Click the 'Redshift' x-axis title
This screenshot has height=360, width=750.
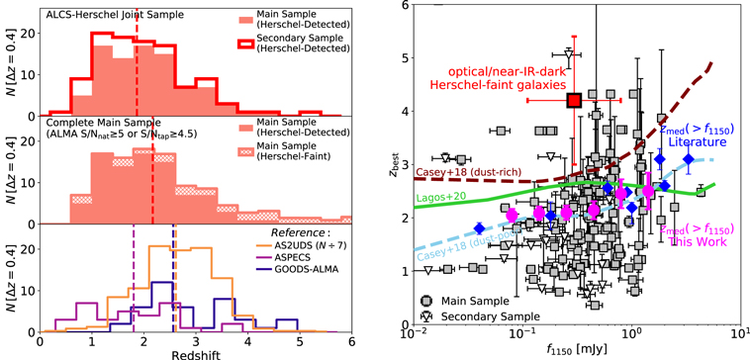click(195, 352)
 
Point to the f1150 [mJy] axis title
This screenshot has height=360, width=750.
click(577, 349)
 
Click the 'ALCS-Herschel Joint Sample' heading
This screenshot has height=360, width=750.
click(106, 14)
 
